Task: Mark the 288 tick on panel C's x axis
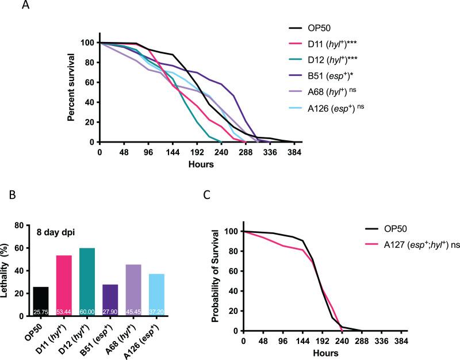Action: pyautogui.click(x=362, y=341)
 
